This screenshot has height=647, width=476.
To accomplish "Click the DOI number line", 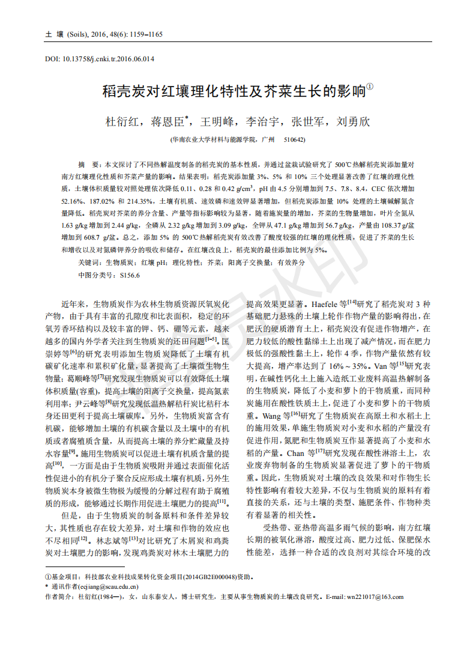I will [100, 59].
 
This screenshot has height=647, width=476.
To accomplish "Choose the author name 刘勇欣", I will [354, 121].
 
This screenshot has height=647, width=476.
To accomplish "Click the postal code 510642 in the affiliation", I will [294, 139].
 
